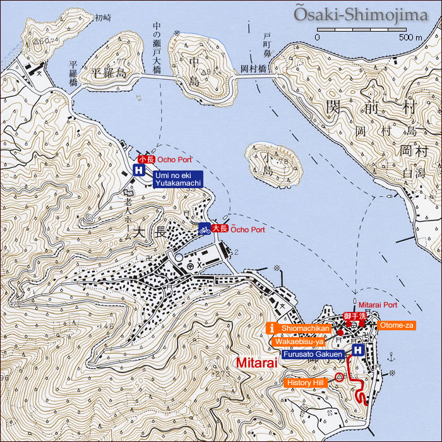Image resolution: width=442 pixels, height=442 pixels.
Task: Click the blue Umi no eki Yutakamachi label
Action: [177, 179]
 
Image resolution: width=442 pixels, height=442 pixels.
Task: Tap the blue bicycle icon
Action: [204, 229]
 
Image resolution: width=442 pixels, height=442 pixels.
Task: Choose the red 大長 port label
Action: [219, 229]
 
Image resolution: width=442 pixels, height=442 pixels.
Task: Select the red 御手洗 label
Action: [355, 315]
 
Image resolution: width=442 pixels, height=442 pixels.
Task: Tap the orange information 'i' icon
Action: [272, 328]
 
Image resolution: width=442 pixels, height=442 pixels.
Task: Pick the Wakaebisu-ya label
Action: [299, 341]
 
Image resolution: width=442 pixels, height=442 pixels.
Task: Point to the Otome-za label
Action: [396, 325]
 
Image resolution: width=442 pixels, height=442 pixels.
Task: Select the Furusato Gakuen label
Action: [313, 354]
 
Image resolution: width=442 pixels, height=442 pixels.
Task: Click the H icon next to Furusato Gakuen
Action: [358, 350]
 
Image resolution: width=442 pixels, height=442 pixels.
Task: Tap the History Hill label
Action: [306, 383]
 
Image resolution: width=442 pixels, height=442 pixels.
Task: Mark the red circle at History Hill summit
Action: [339, 378]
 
